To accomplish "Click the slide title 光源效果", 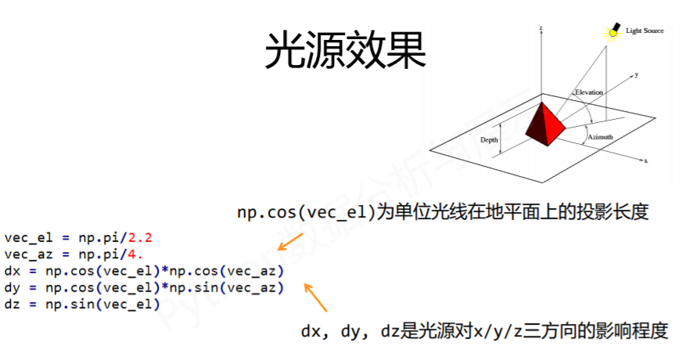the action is point(345,50).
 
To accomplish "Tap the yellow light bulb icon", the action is point(613,32).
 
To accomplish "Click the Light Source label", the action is point(645,31).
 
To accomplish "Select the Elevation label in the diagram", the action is point(588,92).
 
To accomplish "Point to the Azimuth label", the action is point(600,137).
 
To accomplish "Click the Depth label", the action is point(489,140).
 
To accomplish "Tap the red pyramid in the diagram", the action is point(545,124).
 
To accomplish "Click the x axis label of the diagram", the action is point(646,160).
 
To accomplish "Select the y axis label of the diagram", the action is point(637,75).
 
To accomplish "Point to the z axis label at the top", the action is point(541,28).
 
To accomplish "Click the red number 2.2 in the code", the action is point(139,238).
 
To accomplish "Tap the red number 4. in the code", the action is point(135,254).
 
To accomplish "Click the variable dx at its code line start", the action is point(13,271).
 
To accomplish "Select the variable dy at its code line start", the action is point(13,288).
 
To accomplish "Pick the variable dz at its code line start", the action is point(13,304).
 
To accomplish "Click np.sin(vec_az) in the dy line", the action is point(227,288).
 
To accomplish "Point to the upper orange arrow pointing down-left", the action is point(290,242).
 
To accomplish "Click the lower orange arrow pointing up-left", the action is point(315,297).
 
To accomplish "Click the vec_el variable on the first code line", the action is point(28,238).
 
